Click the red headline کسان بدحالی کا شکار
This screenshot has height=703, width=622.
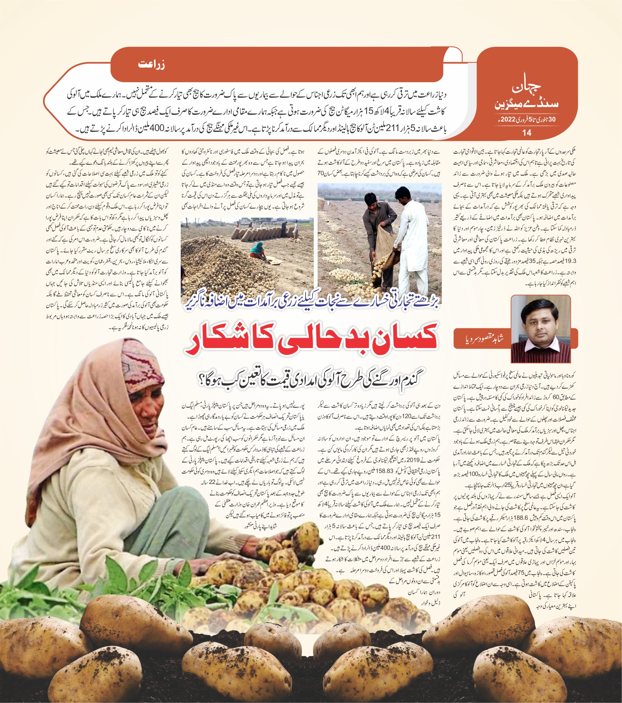[311, 341]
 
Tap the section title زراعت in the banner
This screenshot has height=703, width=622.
[152, 65]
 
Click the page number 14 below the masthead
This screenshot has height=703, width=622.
[526, 133]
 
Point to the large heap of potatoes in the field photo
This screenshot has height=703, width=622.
[220, 265]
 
